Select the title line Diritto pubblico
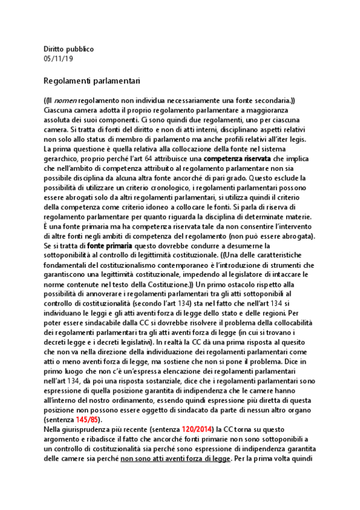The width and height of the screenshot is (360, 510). click(x=69, y=49)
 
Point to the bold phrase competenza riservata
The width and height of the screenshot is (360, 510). click(x=237, y=158)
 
